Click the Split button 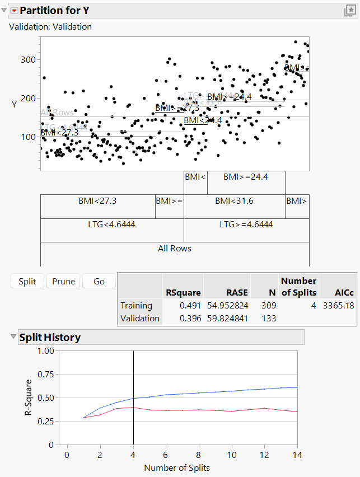(x=27, y=281)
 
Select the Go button (x=99, y=281)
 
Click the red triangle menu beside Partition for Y (x=15, y=11)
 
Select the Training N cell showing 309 (x=265, y=306)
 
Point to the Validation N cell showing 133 (x=265, y=318)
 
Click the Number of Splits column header (x=298, y=286)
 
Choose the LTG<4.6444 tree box (x=112, y=225)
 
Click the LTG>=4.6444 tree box (x=246, y=225)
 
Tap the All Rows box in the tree (x=175, y=248)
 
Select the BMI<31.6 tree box (x=235, y=200)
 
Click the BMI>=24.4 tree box (x=246, y=177)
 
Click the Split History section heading (x=50, y=337)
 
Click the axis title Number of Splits (x=177, y=467)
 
